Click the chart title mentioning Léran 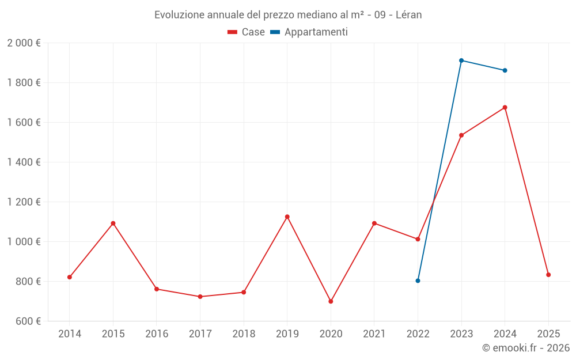288,15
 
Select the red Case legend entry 246,32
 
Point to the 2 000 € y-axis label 24,43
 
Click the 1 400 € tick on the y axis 24,162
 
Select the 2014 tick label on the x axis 70,334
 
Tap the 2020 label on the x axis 331,334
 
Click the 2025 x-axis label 548,334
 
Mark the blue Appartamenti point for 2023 461,60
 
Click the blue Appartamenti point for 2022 418,281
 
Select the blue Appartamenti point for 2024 505,70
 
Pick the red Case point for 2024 505,108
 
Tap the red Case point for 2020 331,301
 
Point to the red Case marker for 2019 287,217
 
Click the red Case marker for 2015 113,223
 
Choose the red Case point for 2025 548,275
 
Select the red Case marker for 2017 200,297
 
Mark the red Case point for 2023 461,135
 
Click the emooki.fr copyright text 526,348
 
